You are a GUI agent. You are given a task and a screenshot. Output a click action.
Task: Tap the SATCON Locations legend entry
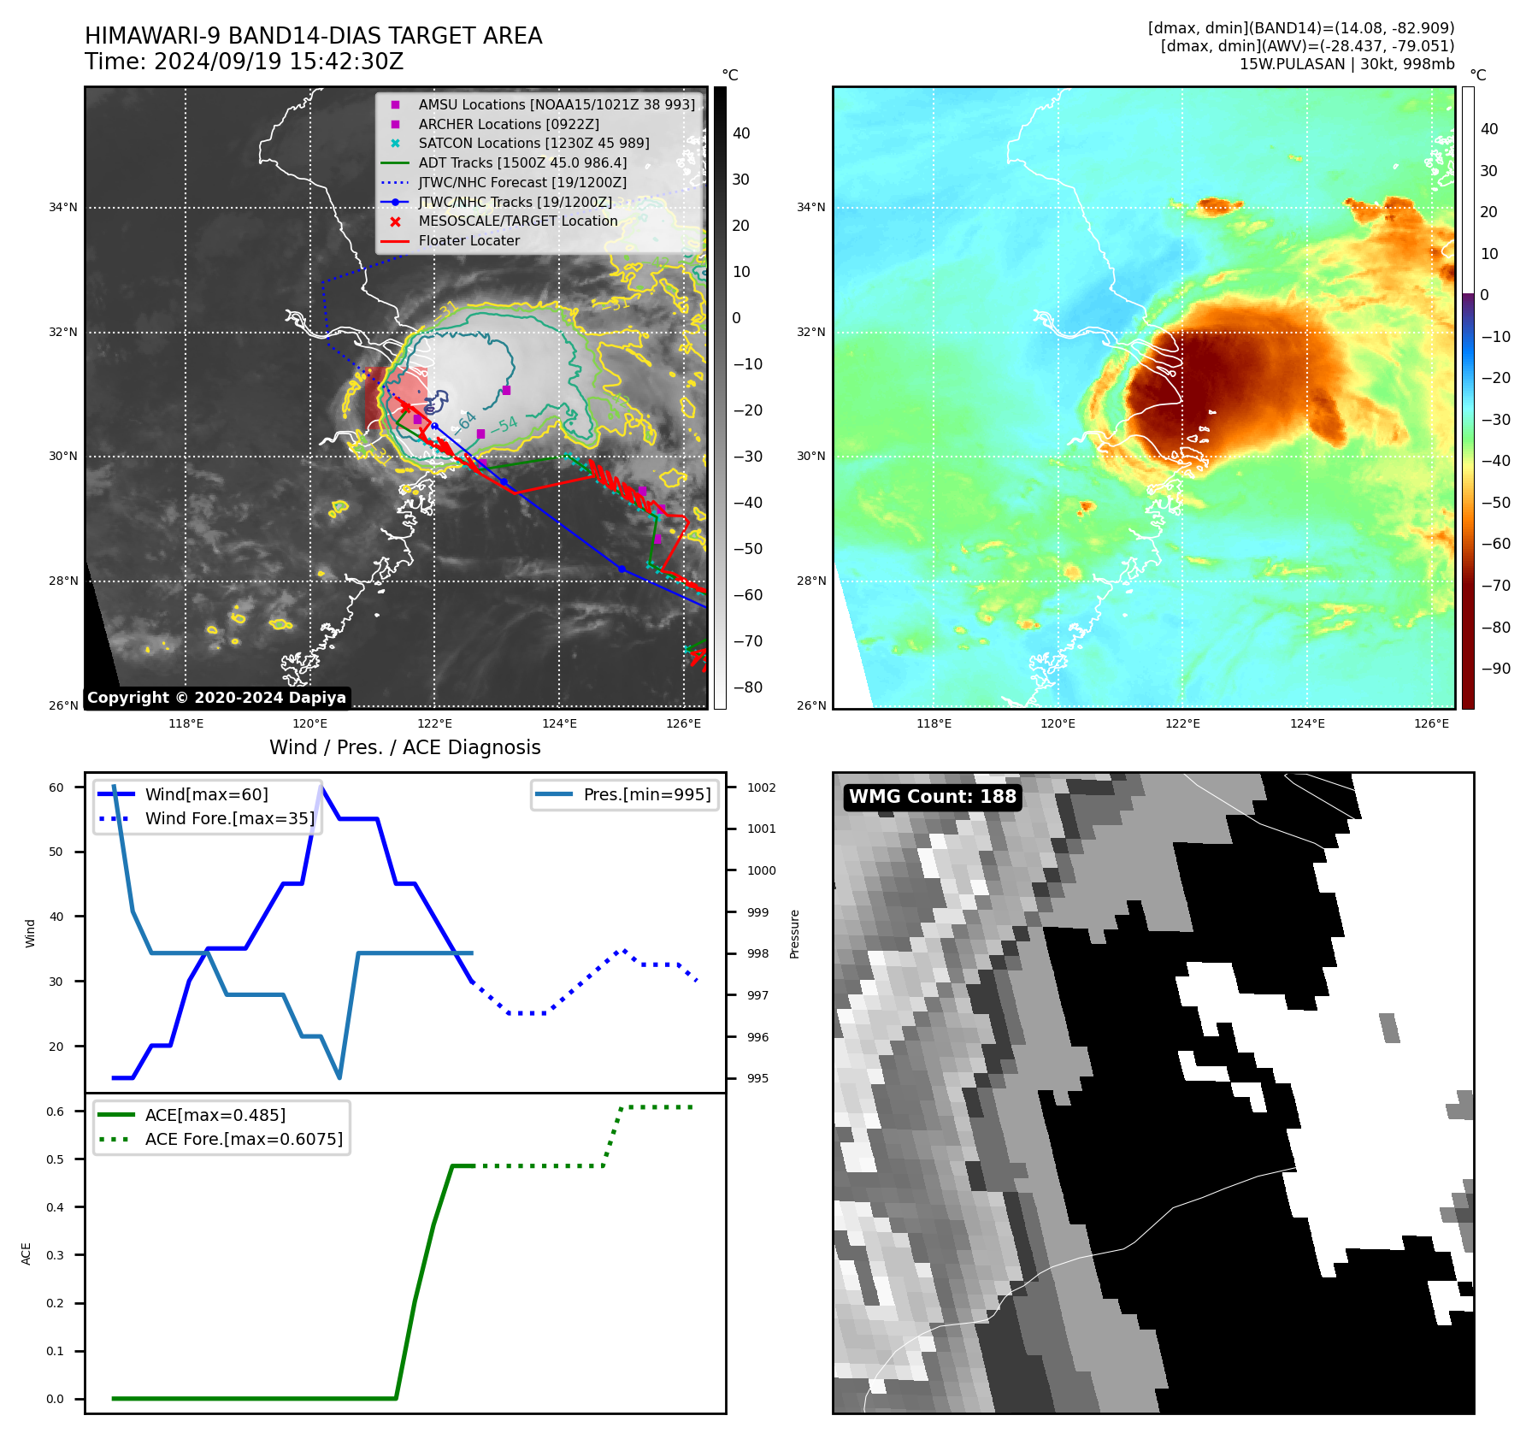(x=533, y=144)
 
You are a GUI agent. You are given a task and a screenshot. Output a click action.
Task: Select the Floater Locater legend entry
(x=468, y=241)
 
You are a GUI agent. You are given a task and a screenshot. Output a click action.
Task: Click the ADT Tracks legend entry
(x=522, y=163)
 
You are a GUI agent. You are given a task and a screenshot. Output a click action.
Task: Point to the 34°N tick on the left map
(x=63, y=208)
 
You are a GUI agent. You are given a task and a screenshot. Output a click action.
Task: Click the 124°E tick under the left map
(x=559, y=724)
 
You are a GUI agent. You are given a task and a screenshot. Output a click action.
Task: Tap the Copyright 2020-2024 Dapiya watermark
(x=216, y=698)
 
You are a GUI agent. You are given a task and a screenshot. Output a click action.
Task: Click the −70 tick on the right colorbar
(x=1495, y=586)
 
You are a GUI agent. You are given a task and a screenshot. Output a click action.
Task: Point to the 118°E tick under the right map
(x=934, y=724)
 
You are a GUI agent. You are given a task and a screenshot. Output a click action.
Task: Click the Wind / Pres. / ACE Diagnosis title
(x=405, y=748)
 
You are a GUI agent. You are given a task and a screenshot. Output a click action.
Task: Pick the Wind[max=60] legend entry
(x=206, y=795)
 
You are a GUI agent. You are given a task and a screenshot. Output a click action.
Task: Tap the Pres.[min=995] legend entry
(x=646, y=795)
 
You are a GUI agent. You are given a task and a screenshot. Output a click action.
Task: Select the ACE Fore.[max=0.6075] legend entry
(x=244, y=1140)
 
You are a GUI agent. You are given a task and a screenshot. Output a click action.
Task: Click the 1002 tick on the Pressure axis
(x=761, y=787)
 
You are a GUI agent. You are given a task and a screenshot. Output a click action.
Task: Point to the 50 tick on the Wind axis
(x=56, y=852)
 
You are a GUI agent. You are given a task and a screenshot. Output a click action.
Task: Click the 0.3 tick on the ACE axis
(x=55, y=1256)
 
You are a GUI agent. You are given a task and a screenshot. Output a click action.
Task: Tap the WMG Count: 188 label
(x=932, y=797)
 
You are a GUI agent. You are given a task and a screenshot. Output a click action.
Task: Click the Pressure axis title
(x=795, y=934)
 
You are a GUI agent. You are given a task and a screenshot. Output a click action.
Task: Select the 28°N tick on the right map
(x=811, y=581)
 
